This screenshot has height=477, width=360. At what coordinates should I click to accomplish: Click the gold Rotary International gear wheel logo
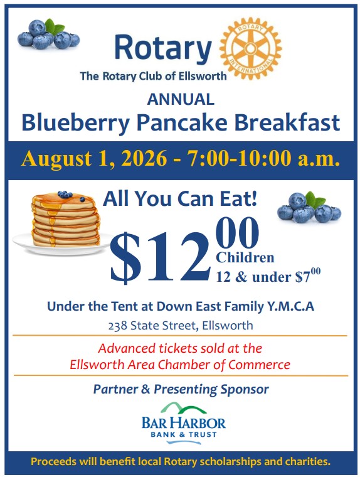click(x=250, y=48)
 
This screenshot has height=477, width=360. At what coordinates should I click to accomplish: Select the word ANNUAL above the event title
click(x=181, y=99)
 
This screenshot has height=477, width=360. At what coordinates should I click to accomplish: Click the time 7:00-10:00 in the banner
click(x=240, y=159)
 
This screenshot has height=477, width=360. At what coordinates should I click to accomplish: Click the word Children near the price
click(x=245, y=258)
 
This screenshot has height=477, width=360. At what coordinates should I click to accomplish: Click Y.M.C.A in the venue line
click(x=290, y=306)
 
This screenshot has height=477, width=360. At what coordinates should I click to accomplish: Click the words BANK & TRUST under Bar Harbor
click(x=184, y=434)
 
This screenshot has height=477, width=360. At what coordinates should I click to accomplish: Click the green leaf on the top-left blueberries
click(x=54, y=27)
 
